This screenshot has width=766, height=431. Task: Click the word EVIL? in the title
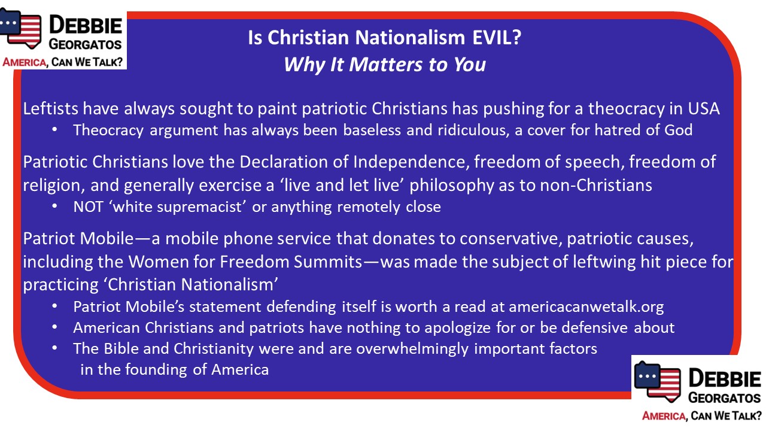point(497,37)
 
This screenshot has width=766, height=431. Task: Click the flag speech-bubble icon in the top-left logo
point(21,28)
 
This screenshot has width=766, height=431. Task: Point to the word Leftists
point(51,108)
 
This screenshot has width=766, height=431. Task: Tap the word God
point(678,130)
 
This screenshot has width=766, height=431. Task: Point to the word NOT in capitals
point(88,207)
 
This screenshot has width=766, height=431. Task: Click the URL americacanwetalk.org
point(586,306)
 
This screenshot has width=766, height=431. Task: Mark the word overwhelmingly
point(412,349)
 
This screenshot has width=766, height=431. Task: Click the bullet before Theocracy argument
point(54,130)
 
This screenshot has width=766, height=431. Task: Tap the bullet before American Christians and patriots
point(54,327)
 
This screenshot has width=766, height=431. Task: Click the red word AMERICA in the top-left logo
point(25,62)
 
